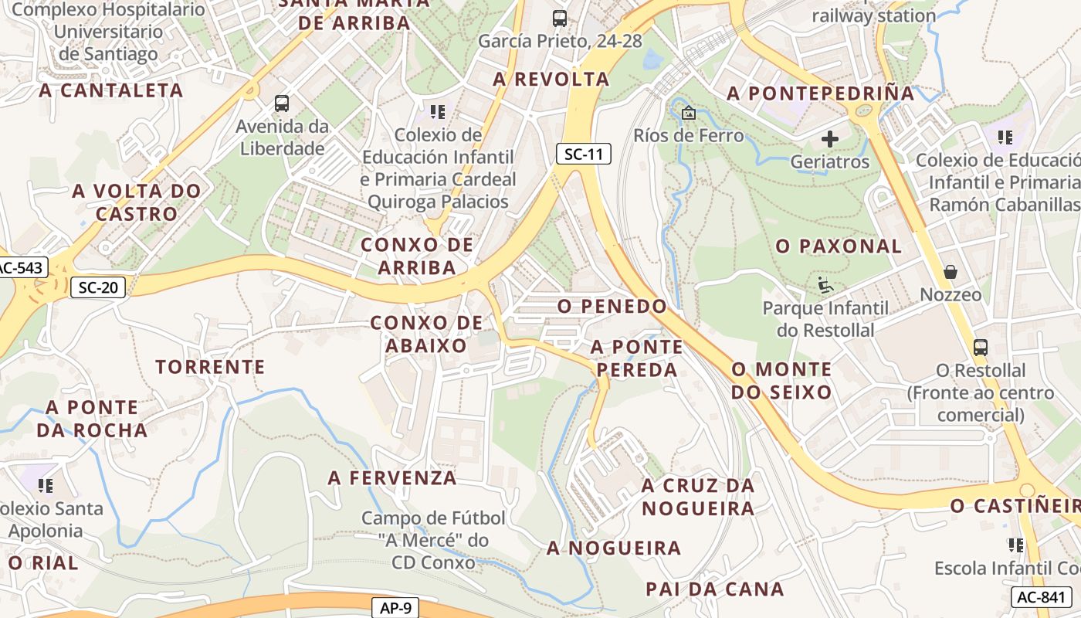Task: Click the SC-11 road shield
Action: point(583,154)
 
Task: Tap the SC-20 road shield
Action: point(98,288)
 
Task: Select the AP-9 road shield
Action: point(395,608)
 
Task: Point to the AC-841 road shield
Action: point(1040,596)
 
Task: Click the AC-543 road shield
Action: point(22,268)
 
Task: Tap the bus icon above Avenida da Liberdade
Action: point(282,104)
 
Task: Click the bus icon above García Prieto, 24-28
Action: point(560,19)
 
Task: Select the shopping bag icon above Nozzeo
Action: point(951,272)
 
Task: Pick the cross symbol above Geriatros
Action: point(830,139)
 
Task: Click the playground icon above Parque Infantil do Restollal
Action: point(825,285)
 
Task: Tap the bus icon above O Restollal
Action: point(980,348)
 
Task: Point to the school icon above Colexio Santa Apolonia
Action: point(46,486)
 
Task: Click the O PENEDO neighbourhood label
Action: point(612,306)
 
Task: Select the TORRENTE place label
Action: point(210,366)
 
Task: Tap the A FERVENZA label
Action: point(392,477)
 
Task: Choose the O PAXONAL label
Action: point(839,246)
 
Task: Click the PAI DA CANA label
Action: point(714,589)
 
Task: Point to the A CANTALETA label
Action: point(111,90)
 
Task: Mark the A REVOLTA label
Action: point(551,79)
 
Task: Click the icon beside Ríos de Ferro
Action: point(688,114)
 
